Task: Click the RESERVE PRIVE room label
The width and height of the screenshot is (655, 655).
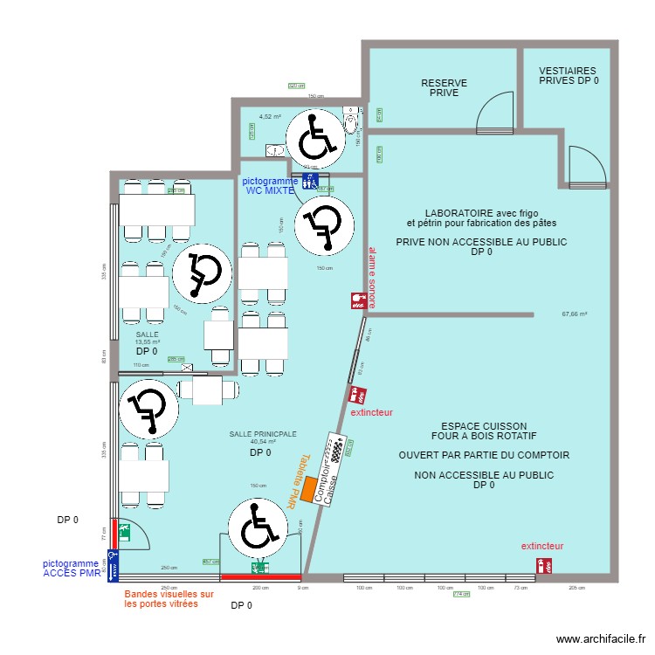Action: (444, 88)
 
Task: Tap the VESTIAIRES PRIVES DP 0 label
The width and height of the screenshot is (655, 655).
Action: (568, 75)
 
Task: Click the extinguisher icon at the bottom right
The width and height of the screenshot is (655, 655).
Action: (548, 566)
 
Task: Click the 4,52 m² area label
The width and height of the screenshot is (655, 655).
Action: (270, 116)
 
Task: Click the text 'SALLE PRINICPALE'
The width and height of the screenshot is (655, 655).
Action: (262, 433)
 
